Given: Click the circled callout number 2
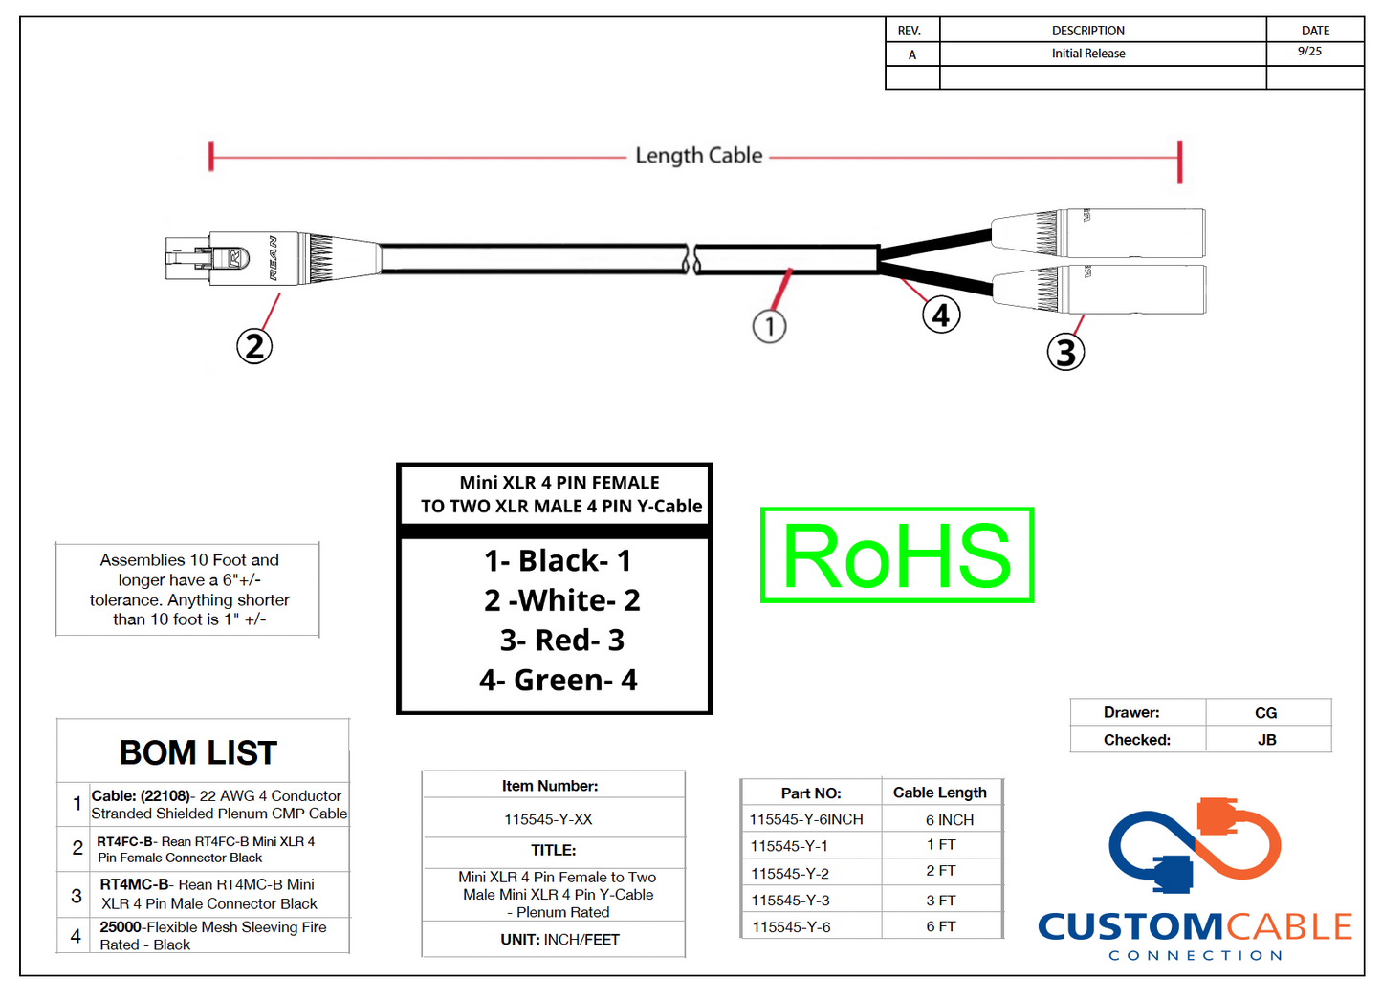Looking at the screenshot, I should [254, 346].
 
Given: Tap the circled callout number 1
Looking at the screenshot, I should [769, 327].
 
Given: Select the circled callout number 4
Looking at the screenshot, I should [941, 315].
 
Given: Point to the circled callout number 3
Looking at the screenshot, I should [1065, 353].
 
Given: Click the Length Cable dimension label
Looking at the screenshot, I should [698, 156].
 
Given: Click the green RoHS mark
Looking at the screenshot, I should [897, 555].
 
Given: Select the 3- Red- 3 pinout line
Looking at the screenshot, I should [561, 640].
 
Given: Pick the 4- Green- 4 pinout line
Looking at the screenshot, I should [559, 680].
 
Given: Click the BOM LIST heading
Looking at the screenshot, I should [198, 752].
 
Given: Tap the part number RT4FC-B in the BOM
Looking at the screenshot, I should [124, 841].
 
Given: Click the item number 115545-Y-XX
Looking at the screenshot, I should [548, 819].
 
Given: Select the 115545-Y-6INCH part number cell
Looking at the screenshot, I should [806, 819].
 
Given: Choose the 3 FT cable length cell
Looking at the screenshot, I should [941, 900].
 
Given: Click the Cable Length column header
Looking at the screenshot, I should [939, 793].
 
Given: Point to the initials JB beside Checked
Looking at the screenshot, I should [1266, 740].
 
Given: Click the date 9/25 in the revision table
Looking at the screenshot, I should [1309, 52].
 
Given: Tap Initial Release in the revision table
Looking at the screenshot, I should [1088, 54].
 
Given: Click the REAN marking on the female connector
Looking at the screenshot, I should [274, 258].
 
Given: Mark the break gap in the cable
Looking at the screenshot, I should [691, 259].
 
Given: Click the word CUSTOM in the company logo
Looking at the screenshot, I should [1130, 926].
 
